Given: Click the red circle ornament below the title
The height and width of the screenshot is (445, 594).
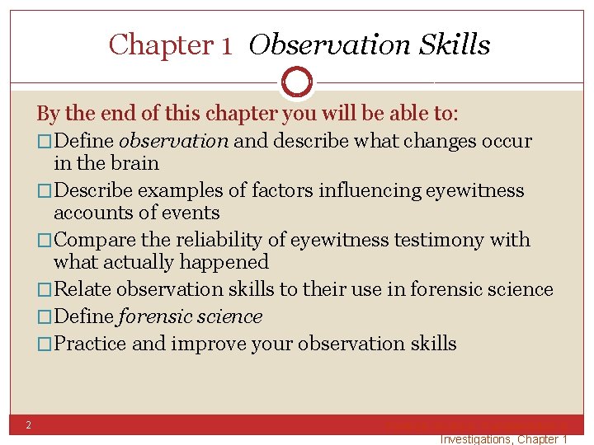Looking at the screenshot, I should point(297,82).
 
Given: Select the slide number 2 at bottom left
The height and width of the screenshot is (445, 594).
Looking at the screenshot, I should point(27,425).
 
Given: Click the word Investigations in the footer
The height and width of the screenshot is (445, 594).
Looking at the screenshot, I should point(476,439).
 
